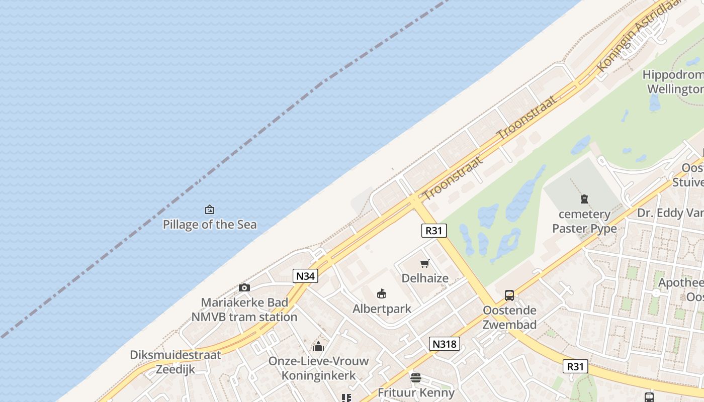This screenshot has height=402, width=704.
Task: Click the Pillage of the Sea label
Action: tap(210, 225)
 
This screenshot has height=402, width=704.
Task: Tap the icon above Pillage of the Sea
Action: tap(210, 210)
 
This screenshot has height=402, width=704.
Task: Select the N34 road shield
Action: tap(306, 276)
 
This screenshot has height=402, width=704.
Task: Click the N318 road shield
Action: tap(445, 344)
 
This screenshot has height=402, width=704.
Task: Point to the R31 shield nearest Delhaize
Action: tap(434, 231)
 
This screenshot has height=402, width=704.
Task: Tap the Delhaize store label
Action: tap(425, 278)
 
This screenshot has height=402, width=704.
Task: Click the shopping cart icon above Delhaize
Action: tap(425, 263)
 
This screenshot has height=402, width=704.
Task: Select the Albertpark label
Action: tap(382, 309)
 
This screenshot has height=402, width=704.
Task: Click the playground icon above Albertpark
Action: tap(382, 293)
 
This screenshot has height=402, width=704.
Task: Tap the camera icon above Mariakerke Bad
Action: tap(244, 287)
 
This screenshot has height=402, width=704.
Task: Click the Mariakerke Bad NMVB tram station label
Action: tap(244, 310)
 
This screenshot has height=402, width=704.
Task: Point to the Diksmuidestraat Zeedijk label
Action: tap(175, 362)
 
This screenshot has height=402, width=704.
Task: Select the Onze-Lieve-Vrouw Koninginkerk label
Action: tap(318, 368)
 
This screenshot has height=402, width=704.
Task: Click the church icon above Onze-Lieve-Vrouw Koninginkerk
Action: tap(318, 346)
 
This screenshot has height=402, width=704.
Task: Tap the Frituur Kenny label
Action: tap(416, 392)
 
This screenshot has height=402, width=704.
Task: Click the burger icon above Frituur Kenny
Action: tap(415, 377)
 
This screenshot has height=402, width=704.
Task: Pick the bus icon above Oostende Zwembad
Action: tap(509, 295)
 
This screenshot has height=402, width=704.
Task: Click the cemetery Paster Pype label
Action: tap(584, 221)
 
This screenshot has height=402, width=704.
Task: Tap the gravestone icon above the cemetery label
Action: tap(584, 199)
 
